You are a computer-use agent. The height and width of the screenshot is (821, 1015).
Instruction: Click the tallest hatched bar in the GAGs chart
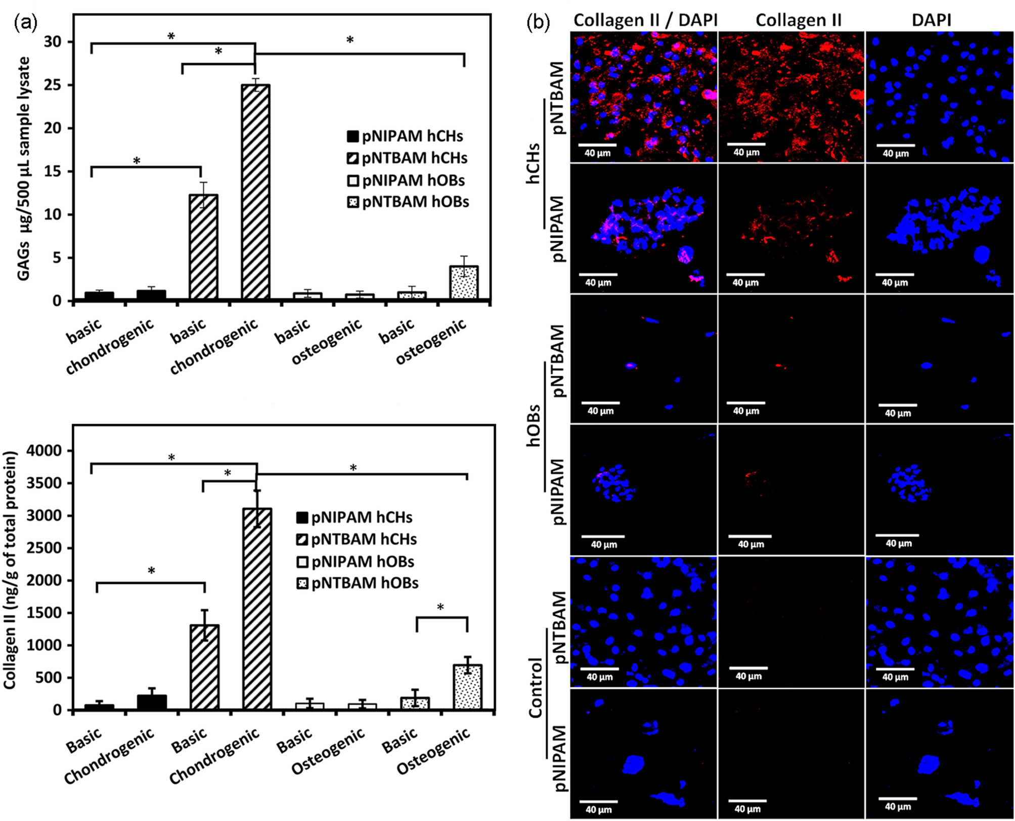tap(255, 192)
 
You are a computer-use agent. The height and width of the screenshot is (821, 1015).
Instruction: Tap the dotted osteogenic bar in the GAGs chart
tap(464, 283)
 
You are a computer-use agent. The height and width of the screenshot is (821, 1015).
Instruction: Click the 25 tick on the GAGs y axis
tap(53, 85)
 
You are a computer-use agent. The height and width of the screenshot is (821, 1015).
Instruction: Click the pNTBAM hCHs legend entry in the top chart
tap(407, 158)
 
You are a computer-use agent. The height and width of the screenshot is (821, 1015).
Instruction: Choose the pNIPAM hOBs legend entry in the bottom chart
tap(355, 562)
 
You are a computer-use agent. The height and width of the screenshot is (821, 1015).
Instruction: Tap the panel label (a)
tap(25, 23)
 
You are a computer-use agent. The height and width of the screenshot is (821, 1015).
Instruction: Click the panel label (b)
tap(538, 23)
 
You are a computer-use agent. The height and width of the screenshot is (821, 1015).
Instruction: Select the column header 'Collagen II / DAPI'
tap(645, 20)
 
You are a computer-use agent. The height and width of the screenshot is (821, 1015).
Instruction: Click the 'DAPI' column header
tap(931, 20)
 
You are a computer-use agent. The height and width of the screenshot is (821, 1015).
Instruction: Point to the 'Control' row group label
tap(535, 688)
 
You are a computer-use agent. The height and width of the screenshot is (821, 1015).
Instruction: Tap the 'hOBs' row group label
tap(533, 426)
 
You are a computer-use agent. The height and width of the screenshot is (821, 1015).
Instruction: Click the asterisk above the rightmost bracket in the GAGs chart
tap(349, 40)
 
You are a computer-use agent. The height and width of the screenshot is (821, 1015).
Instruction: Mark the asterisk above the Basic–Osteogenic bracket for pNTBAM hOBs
tap(440, 607)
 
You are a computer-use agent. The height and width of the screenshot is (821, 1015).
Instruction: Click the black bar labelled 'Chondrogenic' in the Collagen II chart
tap(152, 702)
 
